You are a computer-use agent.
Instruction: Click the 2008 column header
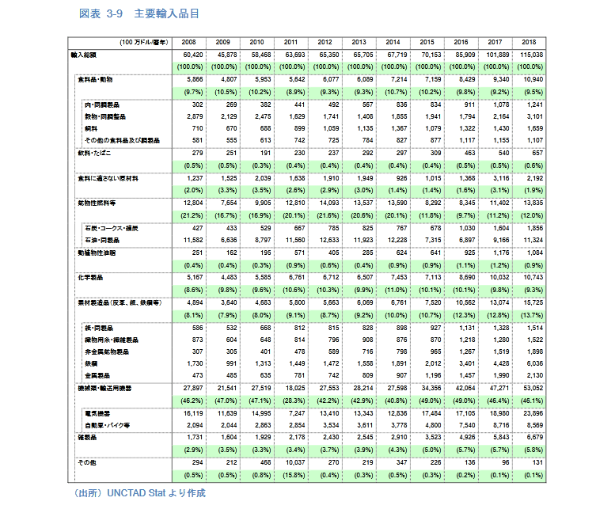click(x=188, y=41)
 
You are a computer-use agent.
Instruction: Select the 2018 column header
click(x=529, y=41)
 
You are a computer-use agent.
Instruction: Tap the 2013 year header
click(x=359, y=41)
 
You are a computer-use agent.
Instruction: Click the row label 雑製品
click(x=87, y=436)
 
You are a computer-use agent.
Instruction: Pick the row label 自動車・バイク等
click(x=106, y=425)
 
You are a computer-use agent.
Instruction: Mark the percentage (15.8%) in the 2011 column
click(x=290, y=475)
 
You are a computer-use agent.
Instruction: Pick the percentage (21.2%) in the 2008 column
click(x=188, y=215)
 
